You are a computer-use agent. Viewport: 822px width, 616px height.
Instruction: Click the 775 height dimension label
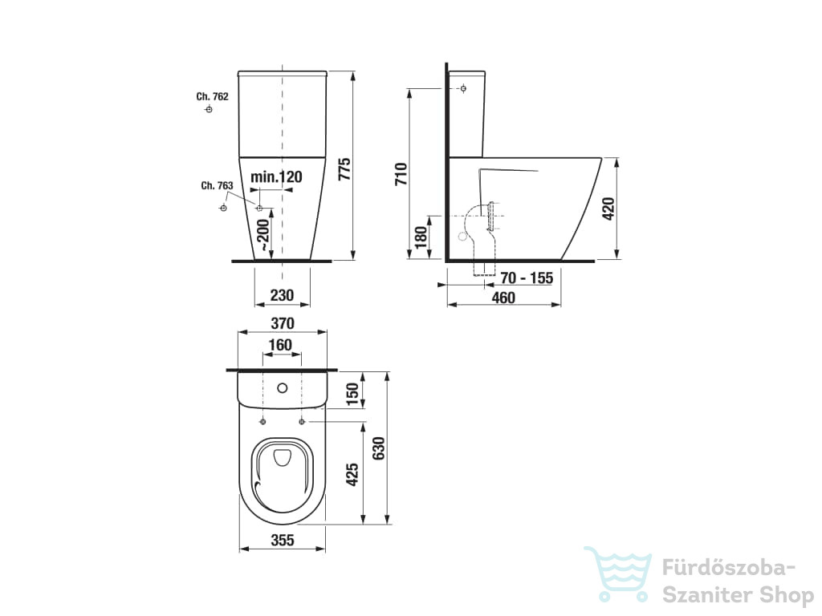(344, 169)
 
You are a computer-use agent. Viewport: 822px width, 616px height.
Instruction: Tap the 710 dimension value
(401, 173)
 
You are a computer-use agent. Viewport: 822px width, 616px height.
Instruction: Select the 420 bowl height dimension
(608, 209)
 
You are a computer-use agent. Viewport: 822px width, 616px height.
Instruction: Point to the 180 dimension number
(421, 237)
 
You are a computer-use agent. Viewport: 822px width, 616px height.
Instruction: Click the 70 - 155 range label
(527, 278)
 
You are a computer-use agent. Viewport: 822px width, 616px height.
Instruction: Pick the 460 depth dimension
(503, 298)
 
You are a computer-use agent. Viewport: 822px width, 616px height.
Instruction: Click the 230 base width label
(282, 295)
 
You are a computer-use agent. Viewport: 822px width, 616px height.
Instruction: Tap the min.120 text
(276, 176)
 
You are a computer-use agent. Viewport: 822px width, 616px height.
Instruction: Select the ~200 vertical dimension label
(262, 235)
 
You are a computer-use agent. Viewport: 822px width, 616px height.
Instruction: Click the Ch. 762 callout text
(212, 96)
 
